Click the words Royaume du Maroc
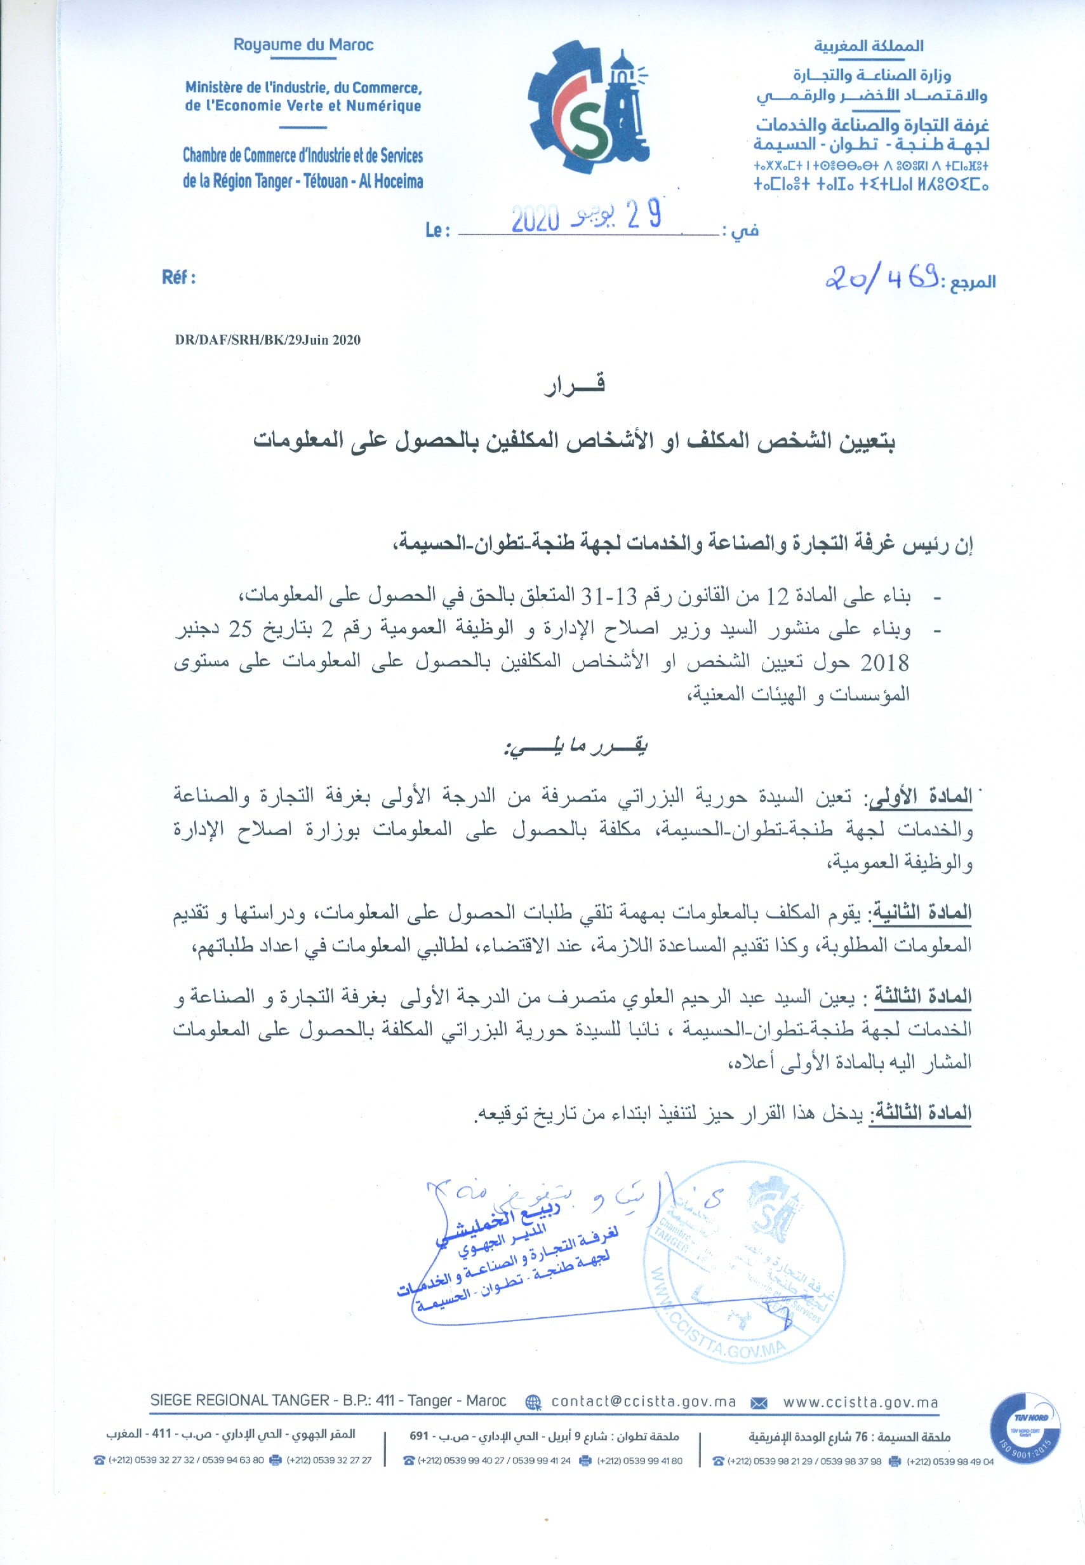(x=303, y=45)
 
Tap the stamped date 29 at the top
(x=644, y=215)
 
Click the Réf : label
(x=179, y=278)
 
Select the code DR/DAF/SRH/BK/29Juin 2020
(x=268, y=340)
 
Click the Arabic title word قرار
(x=575, y=385)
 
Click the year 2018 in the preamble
(x=884, y=662)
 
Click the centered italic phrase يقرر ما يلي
(x=575, y=746)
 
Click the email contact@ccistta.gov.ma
(x=643, y=1402)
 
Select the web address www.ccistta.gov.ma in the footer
(x=860, y=1402)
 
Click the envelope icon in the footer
(x=759, y=1402)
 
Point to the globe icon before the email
(x=534, y=1402)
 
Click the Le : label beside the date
(x=437, y=231)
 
